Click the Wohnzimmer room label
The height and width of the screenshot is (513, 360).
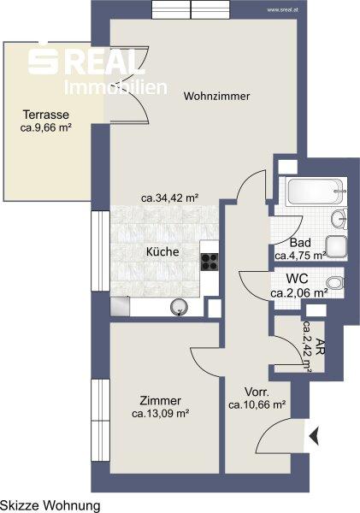pyautogui.click(x=216, y=96)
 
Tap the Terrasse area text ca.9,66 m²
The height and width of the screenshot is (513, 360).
pyautogui.click(x=46, y=127)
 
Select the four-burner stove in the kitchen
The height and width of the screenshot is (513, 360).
pyautogui.click(x=210, y=262)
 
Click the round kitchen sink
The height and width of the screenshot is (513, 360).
pyautogui.click(x=180, y=307)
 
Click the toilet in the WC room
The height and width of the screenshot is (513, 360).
pyautogui.click(x=334, y=283)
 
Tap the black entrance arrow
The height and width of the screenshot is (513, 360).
pyautogui.click(x=314, y=438)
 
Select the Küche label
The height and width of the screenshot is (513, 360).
pyautogui.click(x=162, y=251)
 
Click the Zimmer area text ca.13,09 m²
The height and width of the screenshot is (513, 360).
pyautogui.click(x=161, y=414)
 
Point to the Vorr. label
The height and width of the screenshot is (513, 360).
pyautogui.click(x=257, y=392)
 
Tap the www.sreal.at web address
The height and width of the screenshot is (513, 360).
pyautogui.click(x=282, y=10)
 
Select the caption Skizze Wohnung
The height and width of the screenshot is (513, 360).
pyautogui.click(x=50, y=505)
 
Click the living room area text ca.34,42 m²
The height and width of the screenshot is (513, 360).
pyautogui.click(x=170, y=198)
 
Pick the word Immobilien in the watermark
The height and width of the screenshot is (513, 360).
pyautogui.click(x=115, y=87)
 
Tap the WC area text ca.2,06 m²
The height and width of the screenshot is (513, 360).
pyautogui.click(x=299, y=293)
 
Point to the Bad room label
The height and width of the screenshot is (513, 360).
pyautogui.click(x=300, y=243)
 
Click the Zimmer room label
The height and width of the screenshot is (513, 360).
pyautogui.click(x=161, y=401)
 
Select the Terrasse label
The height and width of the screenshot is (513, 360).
pyautogui.click(x=46, y=115)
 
